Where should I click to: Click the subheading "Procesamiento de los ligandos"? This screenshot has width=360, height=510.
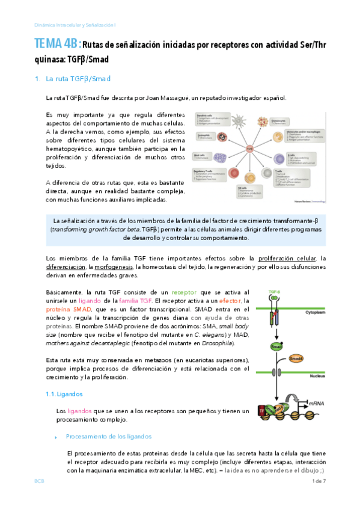tap(108, 437)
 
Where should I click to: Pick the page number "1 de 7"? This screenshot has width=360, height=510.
tap(318, 482)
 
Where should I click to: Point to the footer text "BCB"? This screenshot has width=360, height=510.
tap(38, 482)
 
